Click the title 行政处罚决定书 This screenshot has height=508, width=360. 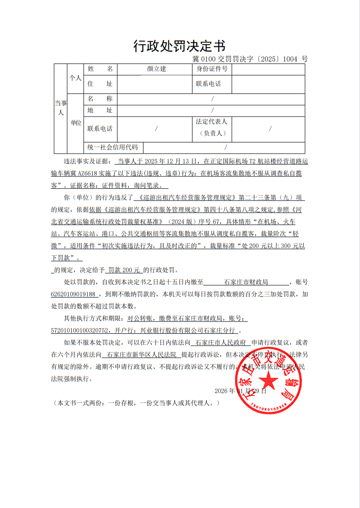tap(179, 46)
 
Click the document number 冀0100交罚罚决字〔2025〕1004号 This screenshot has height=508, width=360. tap(250, 59)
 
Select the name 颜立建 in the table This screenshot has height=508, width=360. tap(157, 69)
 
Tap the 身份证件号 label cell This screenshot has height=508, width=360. tap(212, 69)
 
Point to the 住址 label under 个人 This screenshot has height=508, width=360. tap(100, 84)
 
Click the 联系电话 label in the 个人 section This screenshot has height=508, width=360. tap(208, 84)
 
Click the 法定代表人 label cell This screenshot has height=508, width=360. tap(212, 127)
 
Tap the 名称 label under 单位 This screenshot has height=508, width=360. tap(100, 99)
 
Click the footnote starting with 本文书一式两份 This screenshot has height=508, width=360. tap(136, 403)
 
